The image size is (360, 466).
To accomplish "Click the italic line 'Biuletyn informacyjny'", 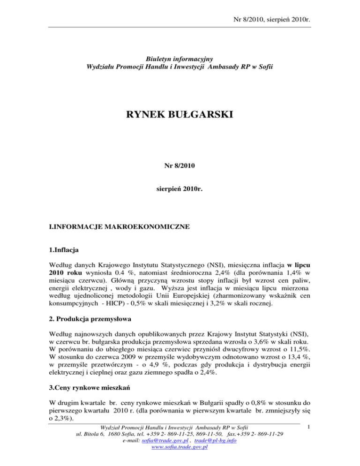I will click(180, 59).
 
